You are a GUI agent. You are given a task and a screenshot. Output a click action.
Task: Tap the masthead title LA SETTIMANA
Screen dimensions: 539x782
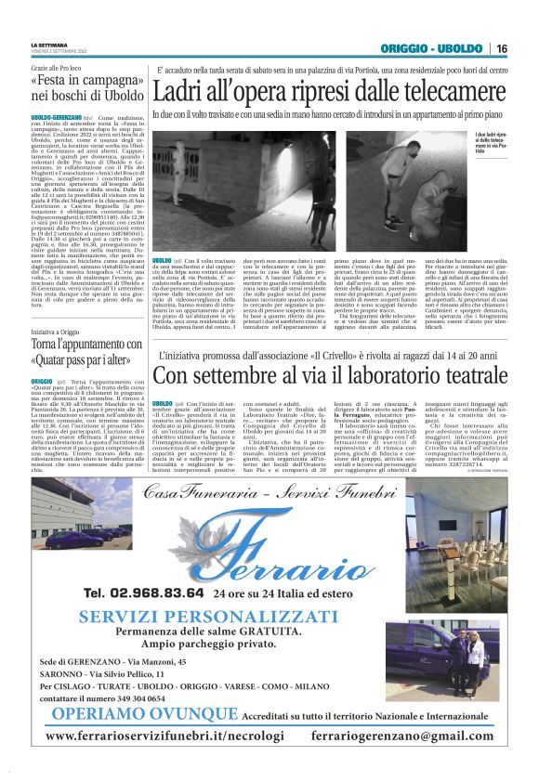[x=49, y=45]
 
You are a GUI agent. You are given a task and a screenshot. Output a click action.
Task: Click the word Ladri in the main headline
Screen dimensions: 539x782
[x=182, y=91]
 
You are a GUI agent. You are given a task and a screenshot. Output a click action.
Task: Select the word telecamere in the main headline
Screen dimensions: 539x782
[x=454, y=91]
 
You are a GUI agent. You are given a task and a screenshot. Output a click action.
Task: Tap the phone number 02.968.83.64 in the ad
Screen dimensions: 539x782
[x=143, y=593]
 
